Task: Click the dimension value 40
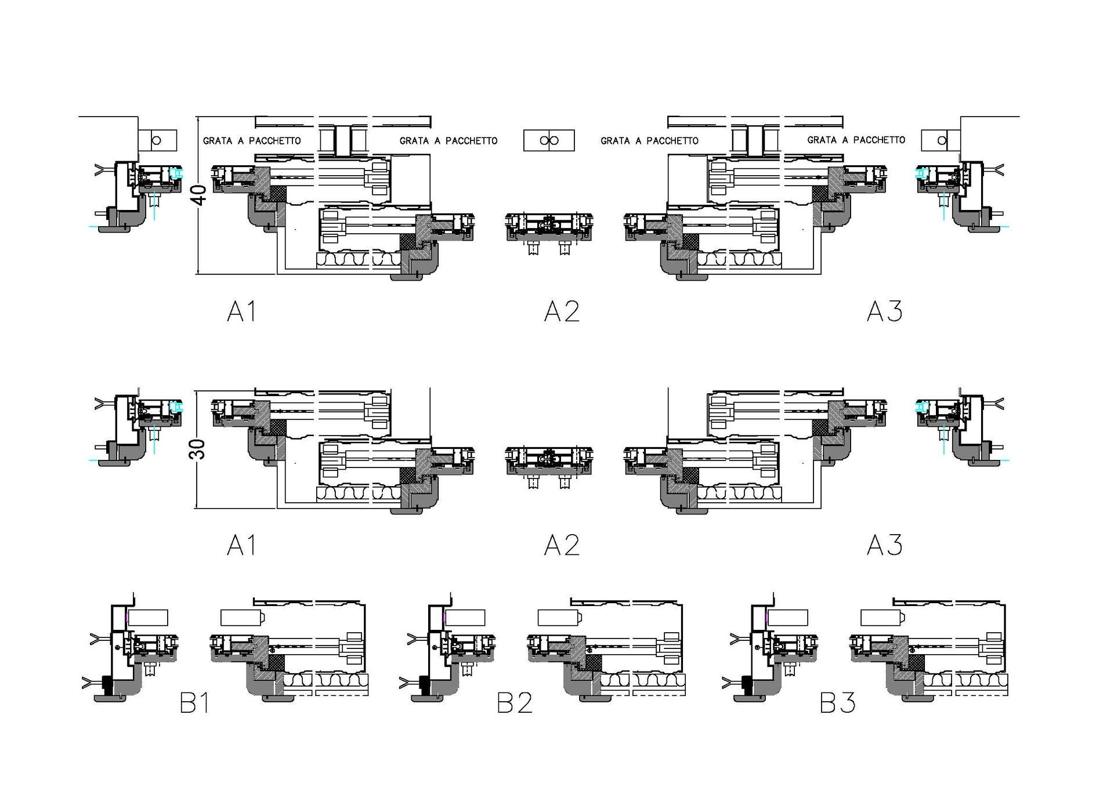click(199, 195)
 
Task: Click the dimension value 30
click(198, 449)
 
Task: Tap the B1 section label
click(194, 703)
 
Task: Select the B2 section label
click(515, 703)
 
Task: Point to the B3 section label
click(837, 703)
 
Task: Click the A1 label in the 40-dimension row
click(241, 311)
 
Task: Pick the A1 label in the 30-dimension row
click(241, 545)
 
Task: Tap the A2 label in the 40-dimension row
click(562, 311)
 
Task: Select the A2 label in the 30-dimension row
click(562, 545)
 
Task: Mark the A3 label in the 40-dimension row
click(884, 311)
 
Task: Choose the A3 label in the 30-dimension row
click(884, 545)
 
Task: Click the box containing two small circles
click(549, 140)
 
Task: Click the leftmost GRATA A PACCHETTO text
click(252, 140)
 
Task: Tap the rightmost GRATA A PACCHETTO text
click(856, 140)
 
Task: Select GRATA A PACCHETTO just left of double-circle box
click(449, 140)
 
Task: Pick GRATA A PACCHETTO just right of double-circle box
click(649, 140)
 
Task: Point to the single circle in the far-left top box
click(156, 140)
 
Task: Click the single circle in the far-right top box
click(942, 140)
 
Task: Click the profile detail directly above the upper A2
click(549, 232)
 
